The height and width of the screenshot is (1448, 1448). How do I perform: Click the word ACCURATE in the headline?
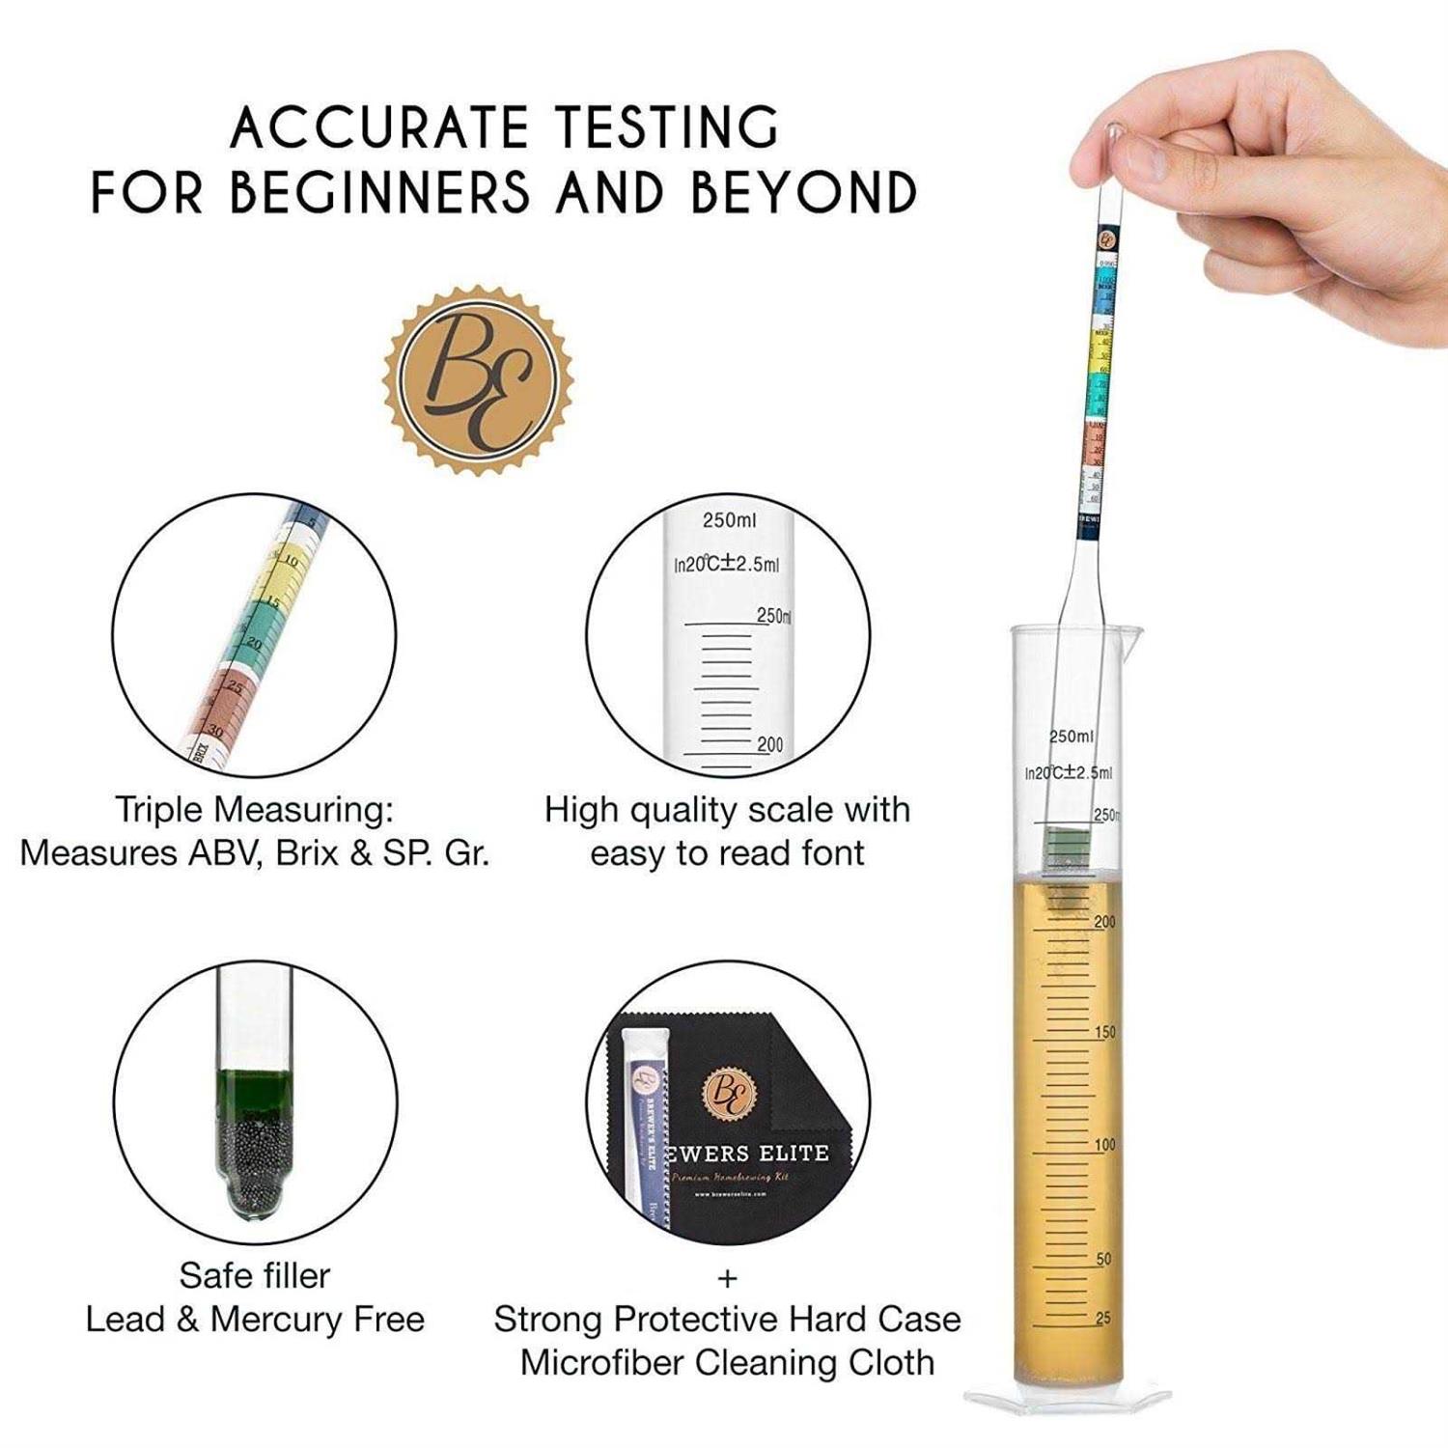[379, 127]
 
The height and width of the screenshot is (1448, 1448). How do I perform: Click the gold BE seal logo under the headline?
[479, 379]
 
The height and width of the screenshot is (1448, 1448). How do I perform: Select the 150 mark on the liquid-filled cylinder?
[1104, 1032]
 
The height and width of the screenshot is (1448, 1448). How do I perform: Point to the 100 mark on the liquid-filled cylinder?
[1104, 1144]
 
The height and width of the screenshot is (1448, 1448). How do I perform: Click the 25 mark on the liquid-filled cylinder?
[1102, 1318]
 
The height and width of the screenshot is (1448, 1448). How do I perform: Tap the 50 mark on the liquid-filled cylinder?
[1103, 1259]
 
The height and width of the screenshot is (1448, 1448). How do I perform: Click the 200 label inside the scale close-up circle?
[769, 744]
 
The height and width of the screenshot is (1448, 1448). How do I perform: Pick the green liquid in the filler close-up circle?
[256, 1090]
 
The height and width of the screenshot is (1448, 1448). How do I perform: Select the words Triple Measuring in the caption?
[254, 809]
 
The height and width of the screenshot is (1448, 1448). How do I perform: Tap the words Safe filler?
[255, 1275]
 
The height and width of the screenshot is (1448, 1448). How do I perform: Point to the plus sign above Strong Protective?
[727, 1279]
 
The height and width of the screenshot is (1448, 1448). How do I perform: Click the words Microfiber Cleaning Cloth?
[727, 1362]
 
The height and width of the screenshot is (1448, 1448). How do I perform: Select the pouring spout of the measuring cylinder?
[1131, 633]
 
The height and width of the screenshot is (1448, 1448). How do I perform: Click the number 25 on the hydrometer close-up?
[235, 686]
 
